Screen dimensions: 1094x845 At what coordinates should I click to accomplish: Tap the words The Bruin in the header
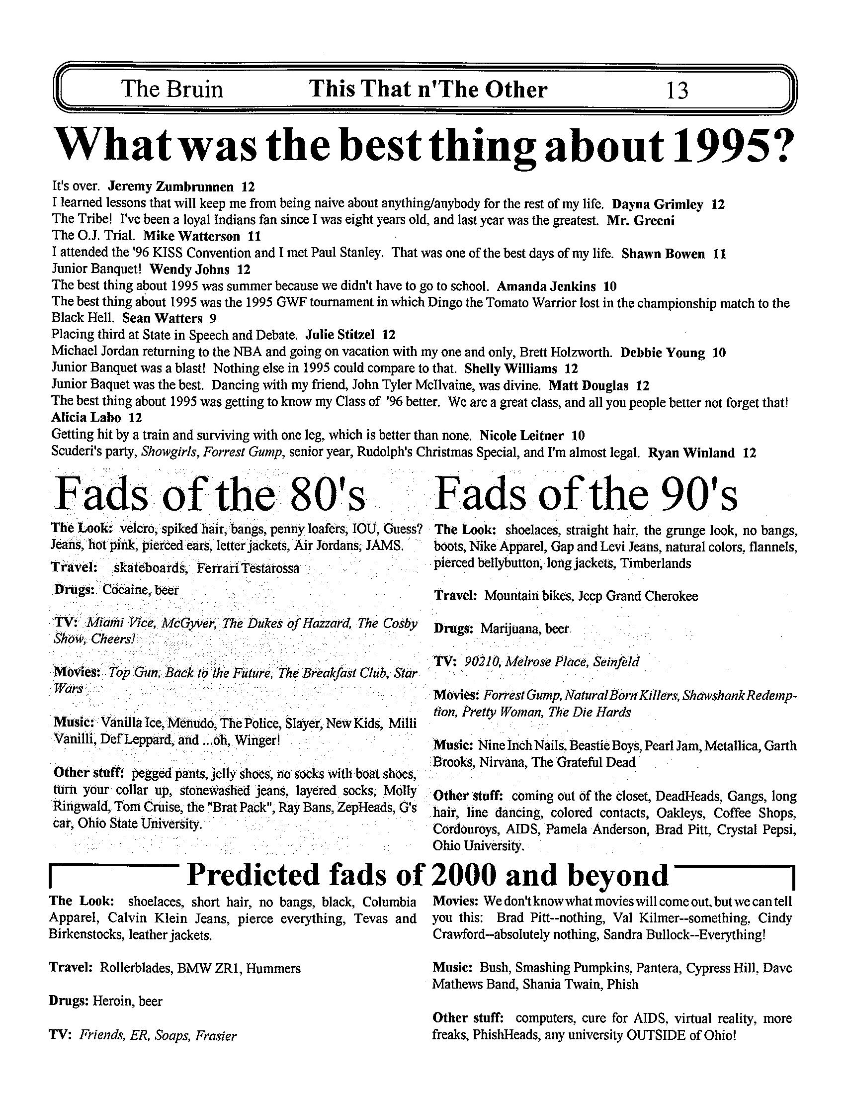coord(172,90)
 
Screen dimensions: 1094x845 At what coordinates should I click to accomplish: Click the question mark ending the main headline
coord(777,147)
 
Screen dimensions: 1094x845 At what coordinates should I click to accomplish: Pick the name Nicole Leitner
coord(521,436)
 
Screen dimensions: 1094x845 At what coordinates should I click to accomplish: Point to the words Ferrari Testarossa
coord(248,568)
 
